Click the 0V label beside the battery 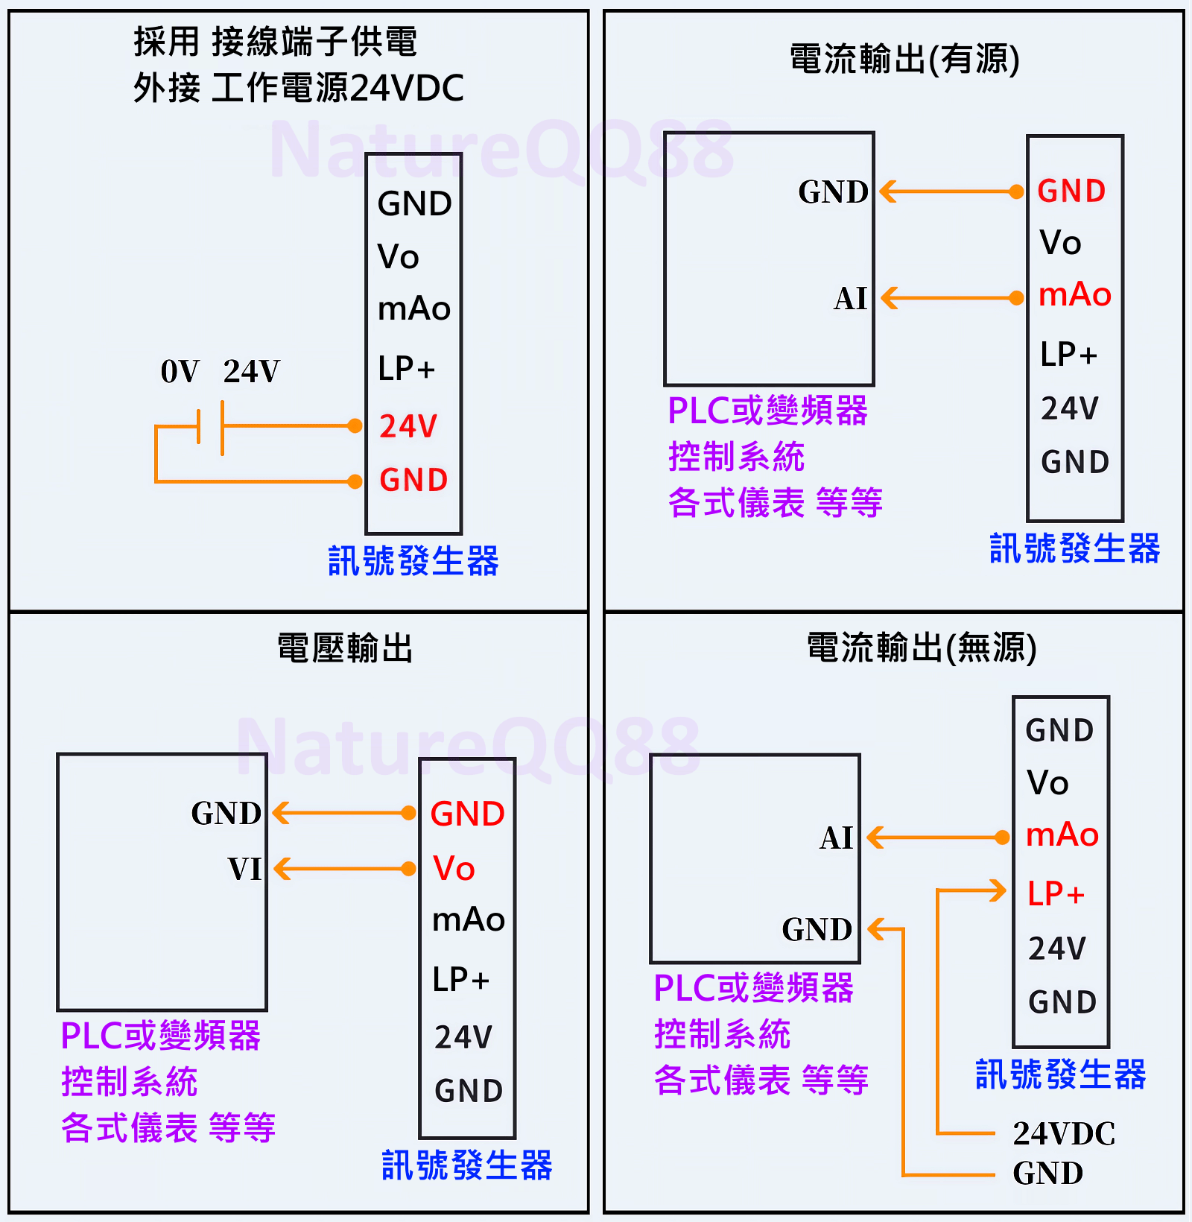tap(180, 371)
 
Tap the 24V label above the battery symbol tap(252, 371)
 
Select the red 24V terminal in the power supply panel tap(408, 426)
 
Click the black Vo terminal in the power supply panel tap(399, 257)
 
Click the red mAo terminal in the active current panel tap(1074, 295)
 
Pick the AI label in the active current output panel tap(850, 299)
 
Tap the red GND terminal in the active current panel tap(1071, 191)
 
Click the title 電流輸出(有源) tap(904, 60)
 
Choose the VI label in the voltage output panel tap(244, 869)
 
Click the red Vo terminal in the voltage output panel tap(454, 869)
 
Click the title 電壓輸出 tap(345, 648)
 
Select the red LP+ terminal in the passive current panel tap(1055, 894)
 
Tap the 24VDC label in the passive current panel tap(1064, 1133)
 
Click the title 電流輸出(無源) tap(922, 648)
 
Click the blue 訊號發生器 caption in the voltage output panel tap(466, 1165)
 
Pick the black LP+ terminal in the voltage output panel tap(460, 980)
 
